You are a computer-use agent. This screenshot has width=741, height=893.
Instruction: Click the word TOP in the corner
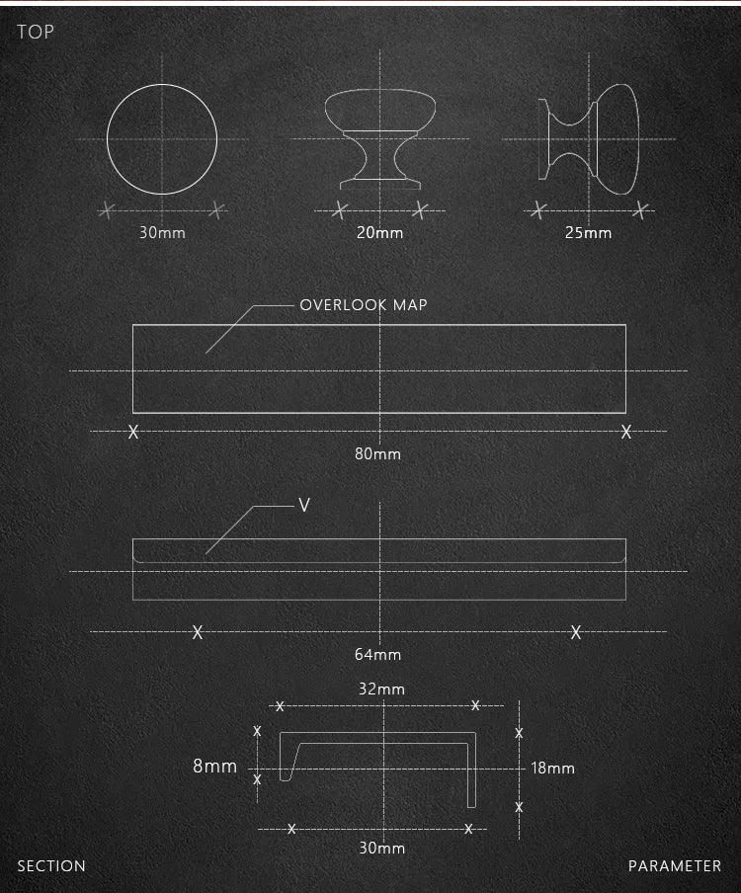(36, 33)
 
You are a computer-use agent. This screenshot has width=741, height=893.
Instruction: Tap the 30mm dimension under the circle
(162, 233)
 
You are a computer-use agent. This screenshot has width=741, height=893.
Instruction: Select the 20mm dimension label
(380, 233)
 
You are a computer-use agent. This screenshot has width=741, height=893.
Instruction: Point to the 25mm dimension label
(589, 233)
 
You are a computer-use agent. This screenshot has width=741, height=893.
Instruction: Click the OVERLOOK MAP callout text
(364, 305)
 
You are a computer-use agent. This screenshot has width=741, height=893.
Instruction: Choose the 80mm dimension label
(378, 454)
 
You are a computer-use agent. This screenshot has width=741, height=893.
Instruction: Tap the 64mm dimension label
(378, 654)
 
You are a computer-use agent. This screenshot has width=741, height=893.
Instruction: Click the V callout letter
(304, 506)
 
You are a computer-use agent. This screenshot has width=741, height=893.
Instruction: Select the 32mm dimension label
(381, 689)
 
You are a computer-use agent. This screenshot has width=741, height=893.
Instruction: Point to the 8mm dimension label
(214, 766)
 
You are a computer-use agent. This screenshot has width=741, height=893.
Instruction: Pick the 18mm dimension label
(552, 768)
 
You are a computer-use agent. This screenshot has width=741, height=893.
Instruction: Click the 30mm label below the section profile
(381, 848)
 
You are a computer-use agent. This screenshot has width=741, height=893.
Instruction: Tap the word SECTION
(51, 866)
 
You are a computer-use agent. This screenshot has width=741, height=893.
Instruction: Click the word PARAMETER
(675, 866)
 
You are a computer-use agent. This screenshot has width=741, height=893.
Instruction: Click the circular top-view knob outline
(162, 138)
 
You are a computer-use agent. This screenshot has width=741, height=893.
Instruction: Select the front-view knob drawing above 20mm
(380, 138)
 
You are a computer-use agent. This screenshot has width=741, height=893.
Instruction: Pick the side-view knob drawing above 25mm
(589, 138)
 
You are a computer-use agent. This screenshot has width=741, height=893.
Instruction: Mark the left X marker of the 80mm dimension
(133, 432)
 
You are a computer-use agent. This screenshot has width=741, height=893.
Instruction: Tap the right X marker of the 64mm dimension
(575, 632)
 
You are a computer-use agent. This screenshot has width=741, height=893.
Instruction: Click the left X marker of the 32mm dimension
(280, 706)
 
